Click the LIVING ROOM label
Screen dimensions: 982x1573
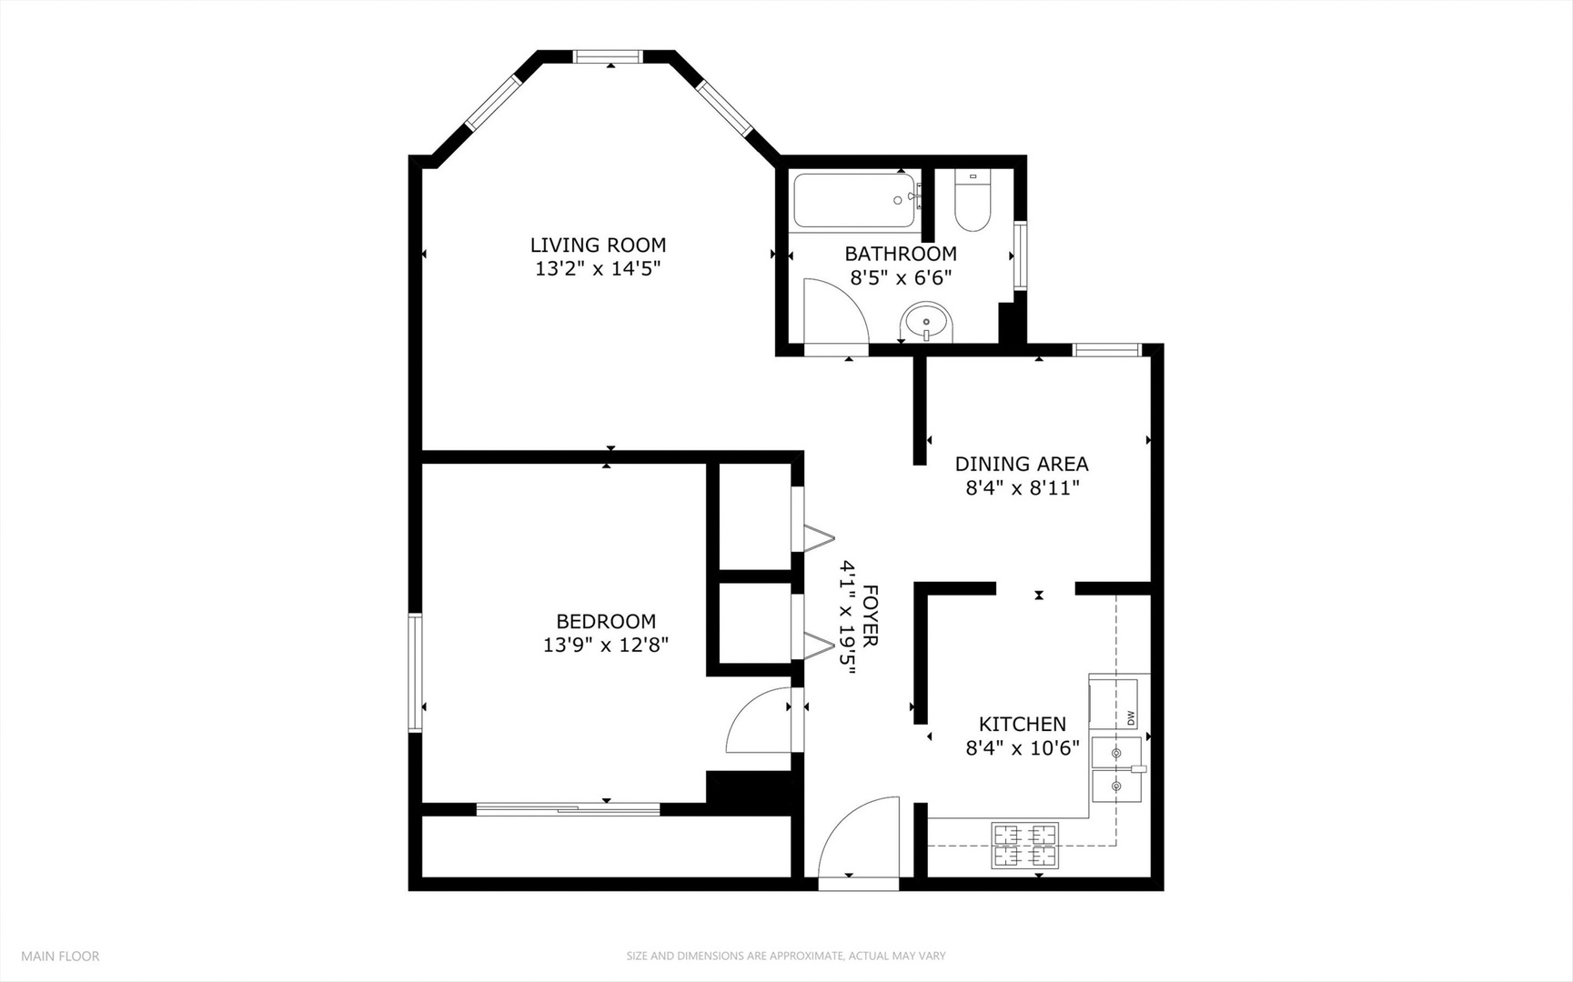(598, 245)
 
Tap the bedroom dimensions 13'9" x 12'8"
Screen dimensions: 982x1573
(606, 646)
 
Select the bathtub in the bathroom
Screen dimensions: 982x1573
(853, 200)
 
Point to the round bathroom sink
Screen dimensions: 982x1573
(926, 323)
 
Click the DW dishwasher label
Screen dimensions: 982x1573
(1131, 717)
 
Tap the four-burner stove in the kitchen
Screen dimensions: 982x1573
(1025, 845)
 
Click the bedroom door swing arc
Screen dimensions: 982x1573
(758, 721)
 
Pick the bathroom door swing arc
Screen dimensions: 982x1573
(835, 311)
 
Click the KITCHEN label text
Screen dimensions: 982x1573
(1022, 724)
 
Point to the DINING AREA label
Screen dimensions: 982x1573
(1021, 464)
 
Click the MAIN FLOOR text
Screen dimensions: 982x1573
(60, 956)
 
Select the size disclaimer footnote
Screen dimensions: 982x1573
(785, 956)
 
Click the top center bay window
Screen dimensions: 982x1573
(608, 57)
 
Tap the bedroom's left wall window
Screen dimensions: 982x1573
(415, 672)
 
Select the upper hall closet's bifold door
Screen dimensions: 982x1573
(817, 536)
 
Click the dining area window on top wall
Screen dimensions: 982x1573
(1106, 350)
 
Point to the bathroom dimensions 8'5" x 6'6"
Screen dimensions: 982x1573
(901, 278)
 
